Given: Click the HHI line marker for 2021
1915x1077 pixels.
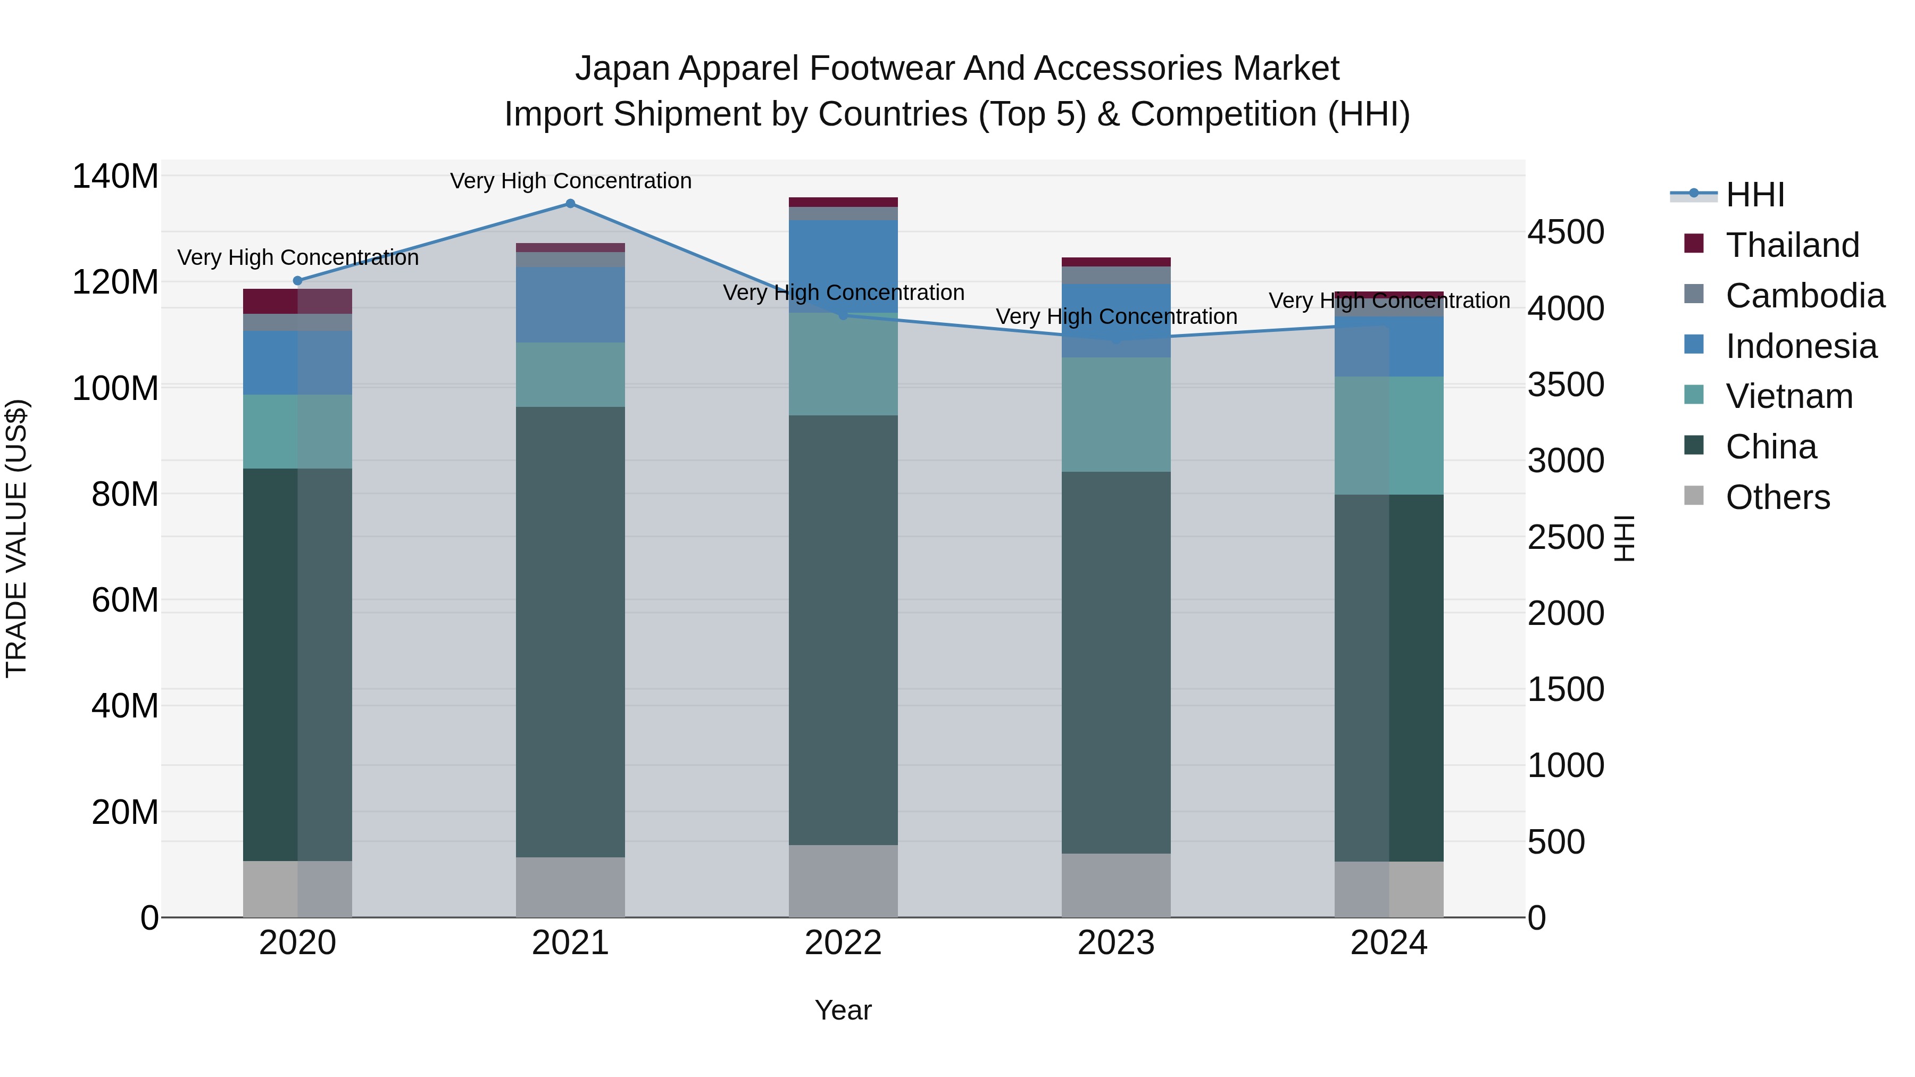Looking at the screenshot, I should click(570, 204).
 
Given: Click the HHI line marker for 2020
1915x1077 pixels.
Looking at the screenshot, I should click(297, 281).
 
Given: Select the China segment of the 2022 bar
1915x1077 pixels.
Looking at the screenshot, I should click(843, 630).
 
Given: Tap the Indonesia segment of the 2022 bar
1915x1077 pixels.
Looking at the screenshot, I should click(843, 266).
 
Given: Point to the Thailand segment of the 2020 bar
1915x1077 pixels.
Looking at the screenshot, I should click(297, 301).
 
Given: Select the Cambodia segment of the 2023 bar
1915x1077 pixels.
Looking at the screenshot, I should click(1116, 275).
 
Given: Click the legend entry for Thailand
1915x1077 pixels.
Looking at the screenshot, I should click(1792, 245).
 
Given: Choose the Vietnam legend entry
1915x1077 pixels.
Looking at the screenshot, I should click(1788, 396).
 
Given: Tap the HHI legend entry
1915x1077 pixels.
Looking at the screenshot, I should click(1754, 195).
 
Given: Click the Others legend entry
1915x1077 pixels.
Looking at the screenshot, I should click(1777, 497).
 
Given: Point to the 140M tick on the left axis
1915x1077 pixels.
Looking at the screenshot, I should click(115, 177).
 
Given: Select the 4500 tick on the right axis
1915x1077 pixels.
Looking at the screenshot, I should click(1566, 232).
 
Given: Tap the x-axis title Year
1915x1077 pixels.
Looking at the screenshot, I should click(843, 1010).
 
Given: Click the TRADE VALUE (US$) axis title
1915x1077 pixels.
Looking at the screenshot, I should click(16, 538).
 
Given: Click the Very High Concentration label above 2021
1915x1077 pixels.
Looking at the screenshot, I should click(570, 181).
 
